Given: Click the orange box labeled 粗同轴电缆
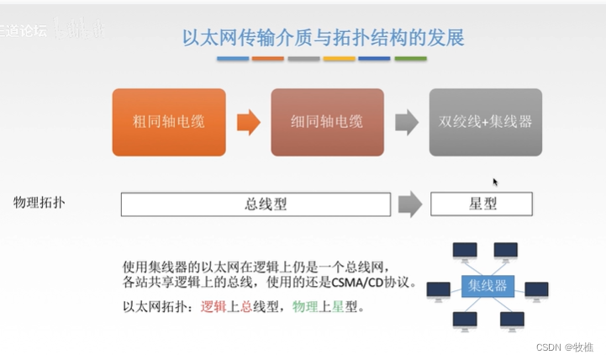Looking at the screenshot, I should (169, 122).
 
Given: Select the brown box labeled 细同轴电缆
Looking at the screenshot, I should (327, 122).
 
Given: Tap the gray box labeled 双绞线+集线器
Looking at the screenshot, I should (485, 122).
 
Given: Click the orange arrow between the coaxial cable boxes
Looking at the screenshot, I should (248, 123).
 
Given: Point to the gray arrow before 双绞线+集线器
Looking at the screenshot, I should (407, 123).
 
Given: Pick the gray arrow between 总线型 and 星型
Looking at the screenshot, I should (409, 204).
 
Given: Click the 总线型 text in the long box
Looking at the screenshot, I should (256, 204).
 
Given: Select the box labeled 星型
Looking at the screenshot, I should (481, 204).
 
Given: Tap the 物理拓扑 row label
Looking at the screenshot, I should (40, 203).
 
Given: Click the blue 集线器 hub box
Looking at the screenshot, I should (487, 286).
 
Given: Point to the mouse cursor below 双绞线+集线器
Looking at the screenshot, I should (495, 181).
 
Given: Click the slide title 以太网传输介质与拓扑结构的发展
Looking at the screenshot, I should (323, 38).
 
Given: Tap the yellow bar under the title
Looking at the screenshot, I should (339, 59).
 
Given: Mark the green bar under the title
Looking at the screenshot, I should (410, 59).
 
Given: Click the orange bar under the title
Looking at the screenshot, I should (268, 59).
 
